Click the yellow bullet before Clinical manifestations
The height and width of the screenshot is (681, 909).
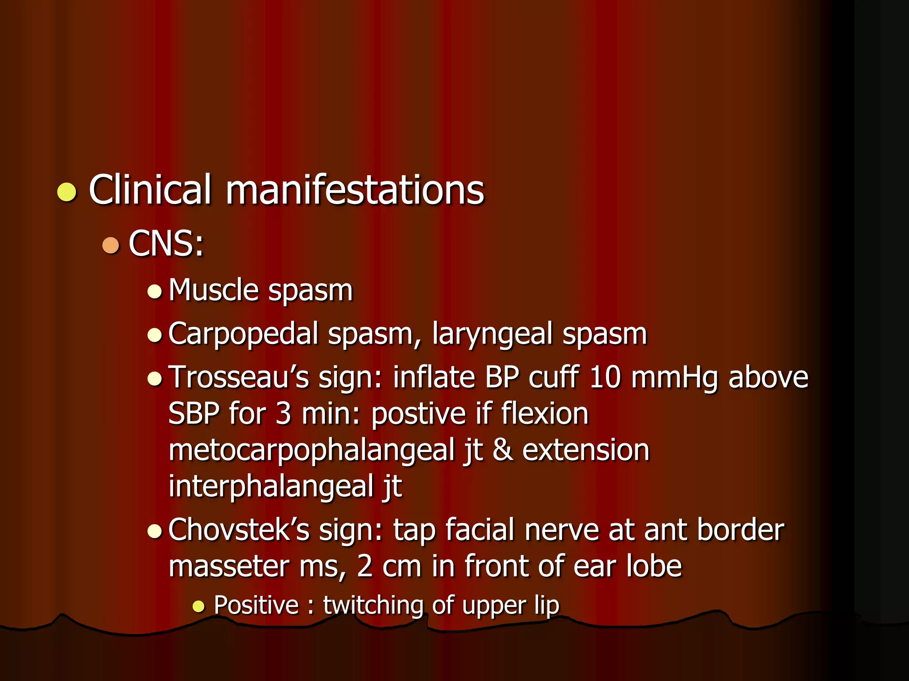click(67, 192)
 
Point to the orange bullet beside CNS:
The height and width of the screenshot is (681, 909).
click(111, 245)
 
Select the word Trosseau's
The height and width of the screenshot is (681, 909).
click(239, 377)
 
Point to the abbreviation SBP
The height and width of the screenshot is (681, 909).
click(194, 414)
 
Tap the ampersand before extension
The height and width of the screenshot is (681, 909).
click(502, 450)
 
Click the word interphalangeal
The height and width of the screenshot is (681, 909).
click(271, 487)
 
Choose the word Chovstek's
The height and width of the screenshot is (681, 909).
click(239, 530)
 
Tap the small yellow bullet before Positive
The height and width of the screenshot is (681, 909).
click(198, 606)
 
